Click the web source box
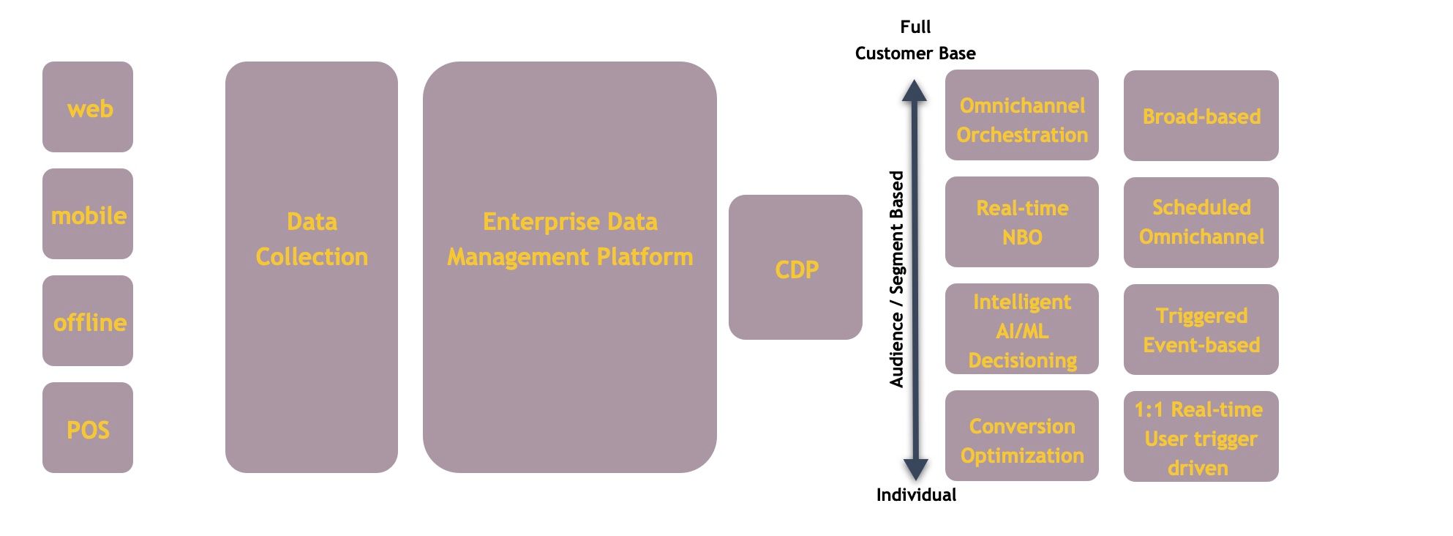point(88,107)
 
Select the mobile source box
point(88,214)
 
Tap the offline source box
point(88,321)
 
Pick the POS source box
point(88,428)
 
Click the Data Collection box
point(312,267)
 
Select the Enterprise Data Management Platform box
point(570,267)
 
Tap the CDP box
point(795,267)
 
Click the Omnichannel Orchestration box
point(1022,115)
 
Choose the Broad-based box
point(1201,116)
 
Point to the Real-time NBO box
point(1022,222)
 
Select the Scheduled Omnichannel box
point(1201,223)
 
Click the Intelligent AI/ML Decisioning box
point(1022,329)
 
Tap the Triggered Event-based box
point(1201,330)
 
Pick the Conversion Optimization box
point(1022,436)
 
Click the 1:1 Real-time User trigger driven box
point(1201,436)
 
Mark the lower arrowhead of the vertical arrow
point(915,469)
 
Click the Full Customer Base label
point(915,40)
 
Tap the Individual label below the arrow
point(916,495)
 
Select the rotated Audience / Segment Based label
point(897,279)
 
